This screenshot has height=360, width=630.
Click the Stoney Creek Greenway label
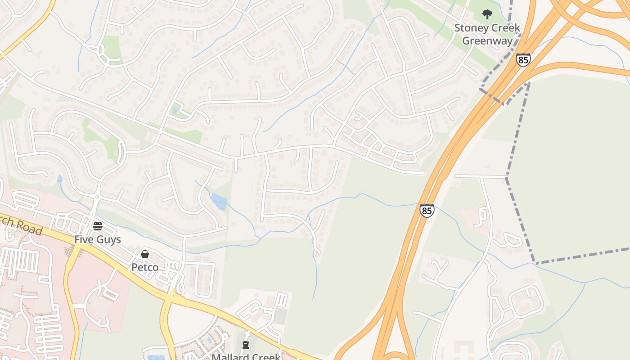(487, 34)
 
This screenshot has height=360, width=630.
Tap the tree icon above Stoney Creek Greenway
(487, 14)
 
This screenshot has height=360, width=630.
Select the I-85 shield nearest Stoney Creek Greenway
(523, 60)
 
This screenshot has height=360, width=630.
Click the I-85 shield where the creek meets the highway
(427, 211)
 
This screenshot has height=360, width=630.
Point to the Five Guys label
(98, 239)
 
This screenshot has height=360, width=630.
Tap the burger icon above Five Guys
(98, 226)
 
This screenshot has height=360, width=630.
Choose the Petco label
(144, 267)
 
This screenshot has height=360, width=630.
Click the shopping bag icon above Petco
(144, 254)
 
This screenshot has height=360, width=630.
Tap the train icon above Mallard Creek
(246, 345)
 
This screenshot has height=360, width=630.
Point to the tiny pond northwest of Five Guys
(60, 178)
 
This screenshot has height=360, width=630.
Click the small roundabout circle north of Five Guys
(97, 197)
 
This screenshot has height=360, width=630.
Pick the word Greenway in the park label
(487, 41)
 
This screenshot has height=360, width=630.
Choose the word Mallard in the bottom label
(229, 357)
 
